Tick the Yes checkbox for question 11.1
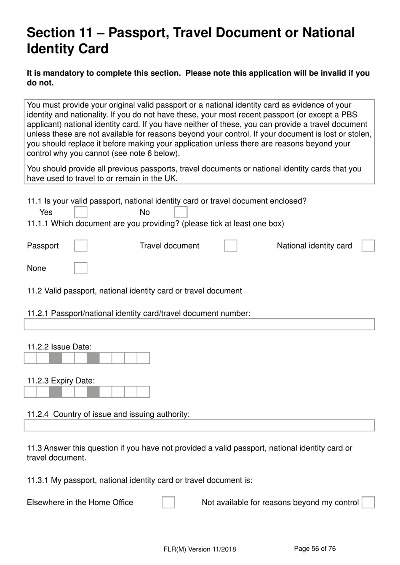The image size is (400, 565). pos(80,212)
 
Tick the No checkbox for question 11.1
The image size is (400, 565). pos(181,212)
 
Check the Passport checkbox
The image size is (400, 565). pos(80,245)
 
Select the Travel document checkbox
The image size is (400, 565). pos(230,245)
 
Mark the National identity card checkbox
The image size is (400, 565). pos(368,245)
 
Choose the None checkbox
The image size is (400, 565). pos(80,268)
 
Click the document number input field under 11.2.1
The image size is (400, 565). pos(199,324)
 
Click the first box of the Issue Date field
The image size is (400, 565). pos(30,358)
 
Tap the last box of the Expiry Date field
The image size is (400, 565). pos(144,392)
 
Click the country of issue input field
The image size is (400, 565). pos(199,425)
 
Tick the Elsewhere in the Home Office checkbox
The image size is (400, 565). pos(168,502)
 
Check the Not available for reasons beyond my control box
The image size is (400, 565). pos(368,502)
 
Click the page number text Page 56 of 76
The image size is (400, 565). pos(315,549)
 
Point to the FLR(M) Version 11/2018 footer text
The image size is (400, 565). pos(200,549)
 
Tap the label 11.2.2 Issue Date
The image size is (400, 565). pos(59,347)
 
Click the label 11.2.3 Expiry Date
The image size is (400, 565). pos(61,381)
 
